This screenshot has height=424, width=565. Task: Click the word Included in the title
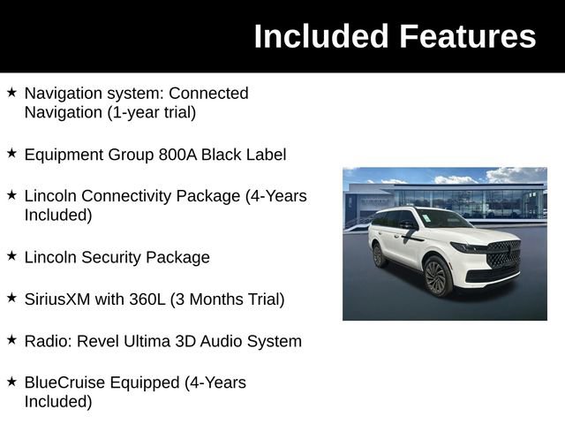pos(321,36)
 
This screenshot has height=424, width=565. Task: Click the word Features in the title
pos(467,36)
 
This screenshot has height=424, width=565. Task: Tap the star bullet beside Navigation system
pos(11,92)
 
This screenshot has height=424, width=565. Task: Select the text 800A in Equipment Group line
pos(178,155)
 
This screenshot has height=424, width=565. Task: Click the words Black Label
pos(244,155)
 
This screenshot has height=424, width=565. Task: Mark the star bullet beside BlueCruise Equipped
pos(11,382)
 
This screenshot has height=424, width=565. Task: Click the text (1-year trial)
pos(151,112)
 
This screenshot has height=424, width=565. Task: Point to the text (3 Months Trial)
pos(228,299)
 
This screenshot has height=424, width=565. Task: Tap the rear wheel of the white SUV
pos(380,255)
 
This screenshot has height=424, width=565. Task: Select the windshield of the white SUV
pos(443,219)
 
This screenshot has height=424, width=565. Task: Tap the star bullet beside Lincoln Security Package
pos(11,256)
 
